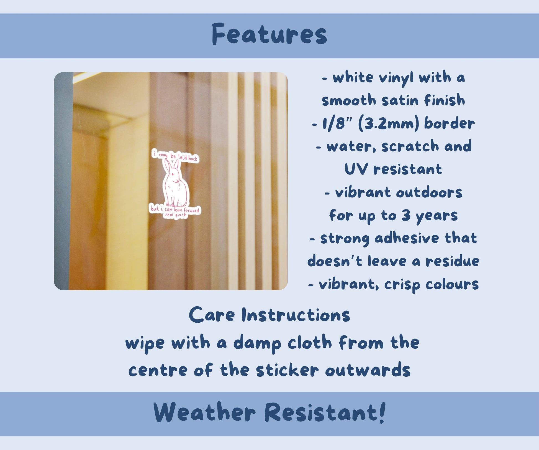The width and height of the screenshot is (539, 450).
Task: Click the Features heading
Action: point(269,34)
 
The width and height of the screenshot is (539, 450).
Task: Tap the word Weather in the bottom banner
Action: point(204,413)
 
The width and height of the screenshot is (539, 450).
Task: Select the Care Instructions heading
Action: point(269,315)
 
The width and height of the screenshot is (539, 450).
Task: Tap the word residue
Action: point(452,261)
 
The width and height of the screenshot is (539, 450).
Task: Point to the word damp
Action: point(257,343)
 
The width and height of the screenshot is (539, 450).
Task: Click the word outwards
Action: point(368,370)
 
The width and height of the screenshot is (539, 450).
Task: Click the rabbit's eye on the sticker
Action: point(172,174)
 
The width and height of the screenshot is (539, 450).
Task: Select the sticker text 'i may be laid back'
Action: point(175,156)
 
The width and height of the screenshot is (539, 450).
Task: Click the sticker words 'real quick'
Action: point(175,215)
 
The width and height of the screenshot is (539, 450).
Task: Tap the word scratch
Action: point(410,146)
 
